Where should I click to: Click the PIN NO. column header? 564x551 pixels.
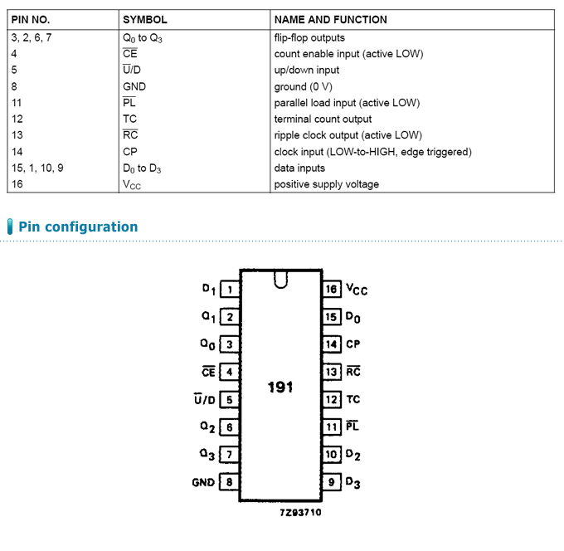click(x=31, y=20)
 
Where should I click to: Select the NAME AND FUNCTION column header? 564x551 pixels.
click(x=331, y=20)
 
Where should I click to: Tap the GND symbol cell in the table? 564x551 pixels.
click(x=134, y=87)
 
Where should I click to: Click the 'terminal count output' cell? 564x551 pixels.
click(x=323, y=119)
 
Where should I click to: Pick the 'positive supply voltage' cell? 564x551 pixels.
click(x=326, y=184)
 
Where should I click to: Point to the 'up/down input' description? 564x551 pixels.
click(x=306, y=71)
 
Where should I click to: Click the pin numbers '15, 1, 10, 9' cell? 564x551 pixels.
click(x=37, y=168)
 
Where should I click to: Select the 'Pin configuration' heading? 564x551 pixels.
click(x=78, y=227)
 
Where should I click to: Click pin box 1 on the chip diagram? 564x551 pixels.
click(x=230, y=290)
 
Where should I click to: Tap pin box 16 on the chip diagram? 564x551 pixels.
click(x=331, y=290)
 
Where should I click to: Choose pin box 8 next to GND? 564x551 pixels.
click(x=230, y=482)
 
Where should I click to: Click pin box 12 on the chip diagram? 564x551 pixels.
click(x=331, y=399)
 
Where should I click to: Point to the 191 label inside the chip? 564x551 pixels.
click(x=280, y=388)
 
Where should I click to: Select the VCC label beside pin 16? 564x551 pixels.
click(x=357, y=290)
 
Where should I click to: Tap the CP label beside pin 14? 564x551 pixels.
click(x=352, y=344)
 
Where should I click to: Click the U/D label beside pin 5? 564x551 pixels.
click(x=204, y=399)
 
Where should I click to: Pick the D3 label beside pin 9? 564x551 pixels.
click(x=352, y=483)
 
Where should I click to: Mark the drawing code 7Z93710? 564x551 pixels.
click(x=300, y=513)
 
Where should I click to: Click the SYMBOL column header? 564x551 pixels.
click(x=145, y=20)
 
